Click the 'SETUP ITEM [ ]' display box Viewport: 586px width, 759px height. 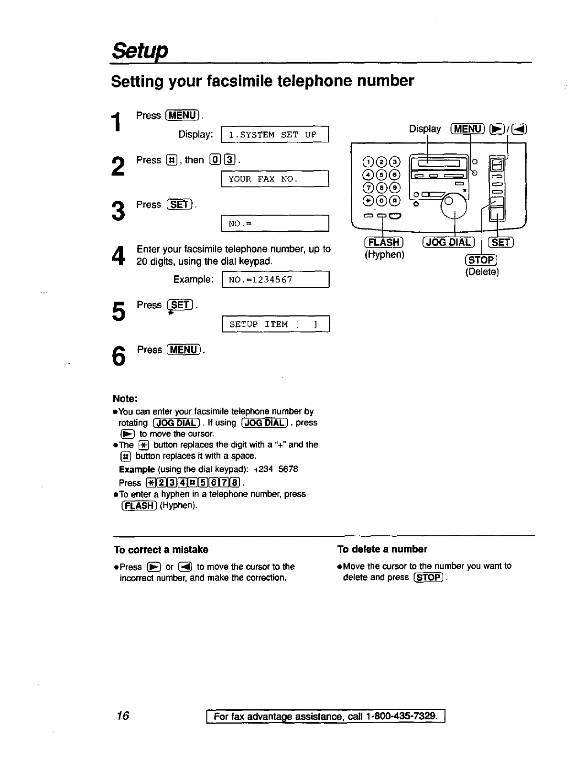coord(276,325)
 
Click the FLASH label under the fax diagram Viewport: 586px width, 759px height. coord(384,243)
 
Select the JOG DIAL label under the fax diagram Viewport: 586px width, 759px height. coord(447,243)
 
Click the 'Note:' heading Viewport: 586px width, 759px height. coord(125,399)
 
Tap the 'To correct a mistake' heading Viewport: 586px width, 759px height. coord(161,550)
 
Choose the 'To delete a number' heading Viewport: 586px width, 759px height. coord(382,549)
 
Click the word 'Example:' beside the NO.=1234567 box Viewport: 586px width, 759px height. coord(193,280)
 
